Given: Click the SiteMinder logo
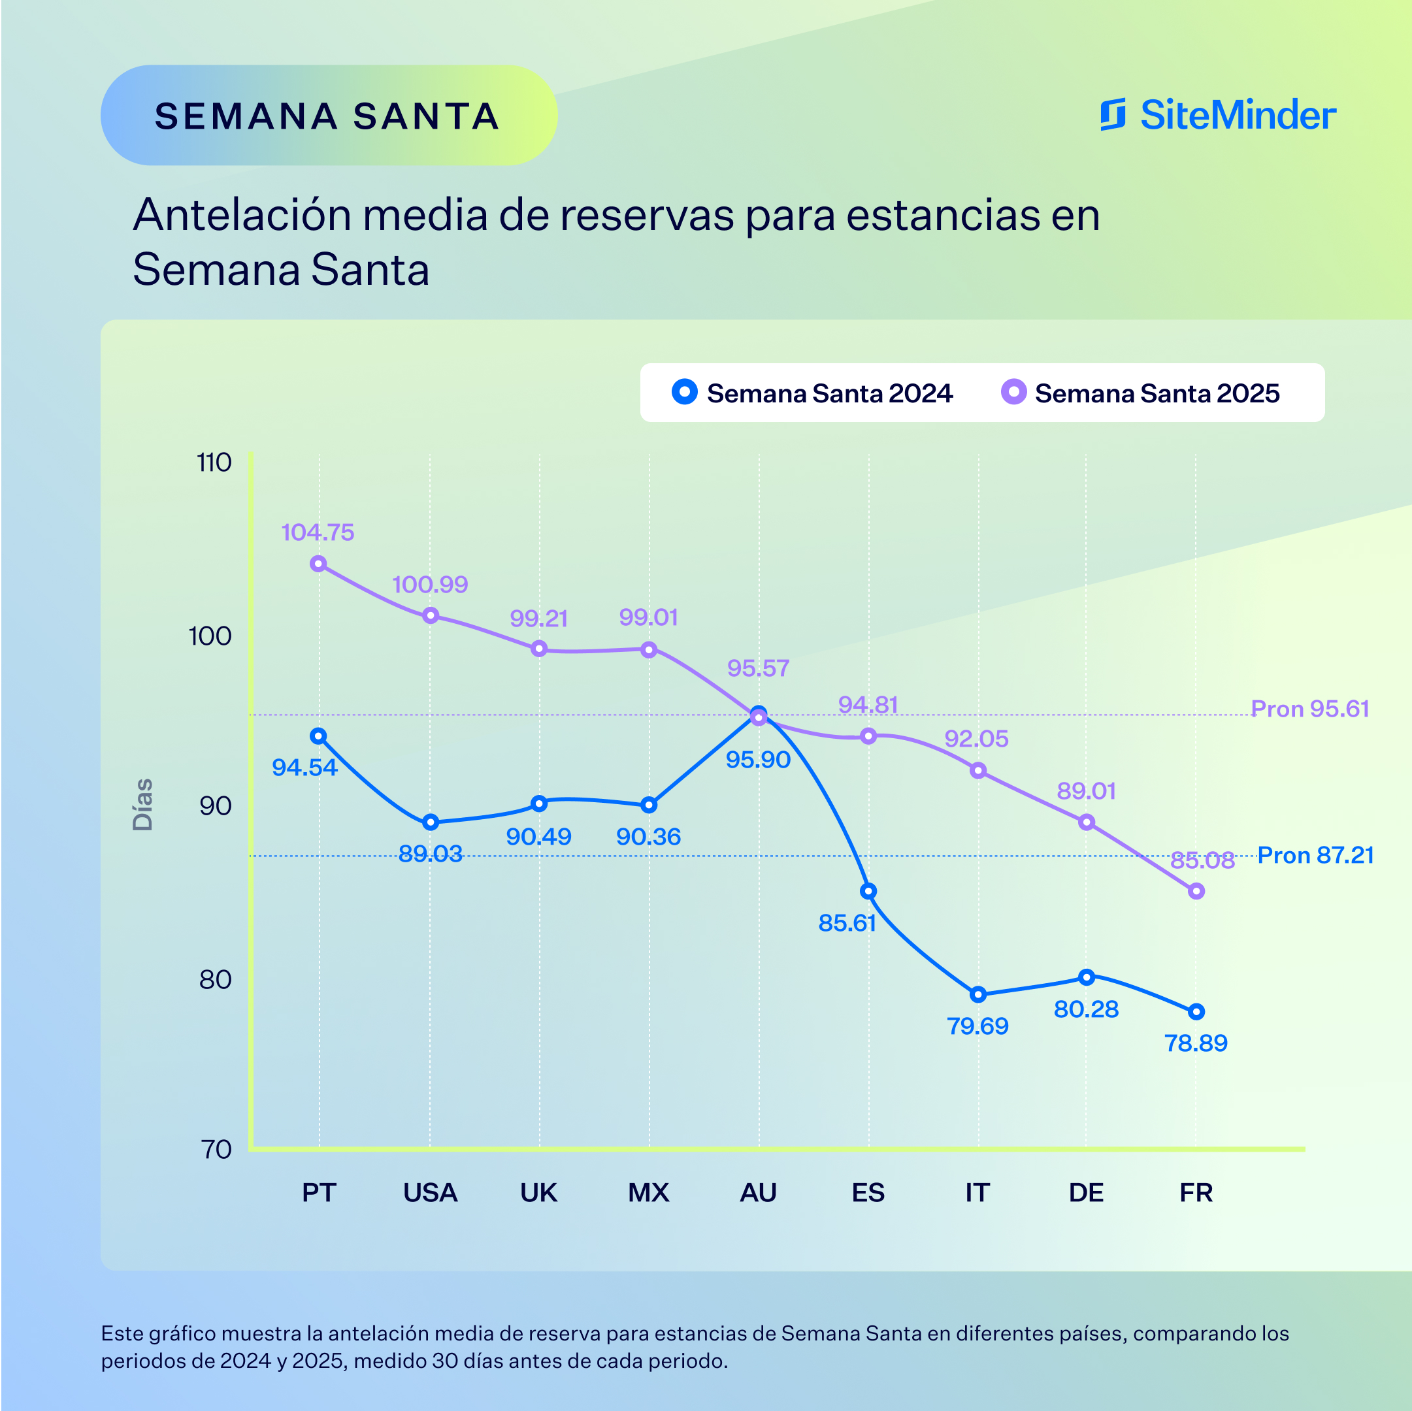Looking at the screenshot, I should point(1217,115).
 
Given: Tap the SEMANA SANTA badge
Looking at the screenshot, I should point(328,116).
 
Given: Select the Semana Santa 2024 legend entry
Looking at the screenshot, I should point(812,393).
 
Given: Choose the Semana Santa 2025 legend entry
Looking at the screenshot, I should point(1140,393).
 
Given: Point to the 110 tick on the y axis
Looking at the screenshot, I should point(214,462).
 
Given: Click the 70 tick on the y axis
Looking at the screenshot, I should point(216,1150).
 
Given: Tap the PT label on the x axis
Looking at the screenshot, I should point(319,1193).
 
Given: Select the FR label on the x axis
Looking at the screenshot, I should point(1196,1193).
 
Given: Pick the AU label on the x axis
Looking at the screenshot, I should point(758,1193).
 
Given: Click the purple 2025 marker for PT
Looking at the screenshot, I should point(318,563).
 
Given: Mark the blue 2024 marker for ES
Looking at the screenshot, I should point(868,891).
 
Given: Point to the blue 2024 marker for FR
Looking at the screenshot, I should point(1196,1011).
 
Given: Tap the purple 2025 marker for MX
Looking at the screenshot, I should point(648,649).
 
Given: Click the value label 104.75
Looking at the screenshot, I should point(318,532).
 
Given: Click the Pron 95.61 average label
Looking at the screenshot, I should point(1309,709).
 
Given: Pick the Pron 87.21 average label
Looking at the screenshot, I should point(1315,855).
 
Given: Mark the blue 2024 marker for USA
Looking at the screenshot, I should point(431,822).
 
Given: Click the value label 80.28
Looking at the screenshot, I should point(1086,1009).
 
